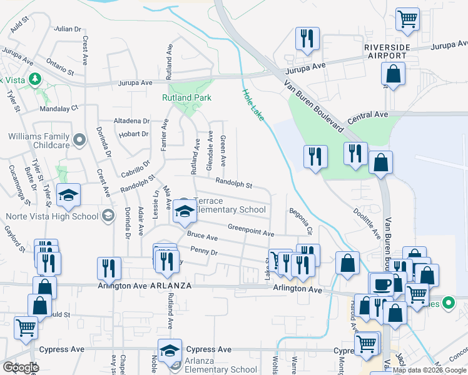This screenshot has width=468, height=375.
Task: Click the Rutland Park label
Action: [x=186, y=97]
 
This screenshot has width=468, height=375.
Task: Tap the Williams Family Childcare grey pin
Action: [x=79, y=141]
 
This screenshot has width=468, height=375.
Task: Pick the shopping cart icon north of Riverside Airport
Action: [x=407, y=19]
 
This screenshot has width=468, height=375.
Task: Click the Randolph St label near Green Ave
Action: [x=233, y=184]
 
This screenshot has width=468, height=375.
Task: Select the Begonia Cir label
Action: [x=300, y=222]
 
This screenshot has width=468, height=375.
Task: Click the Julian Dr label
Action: [x=68, y=29]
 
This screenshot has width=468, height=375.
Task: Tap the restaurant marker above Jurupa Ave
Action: [x=307, y=39]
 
